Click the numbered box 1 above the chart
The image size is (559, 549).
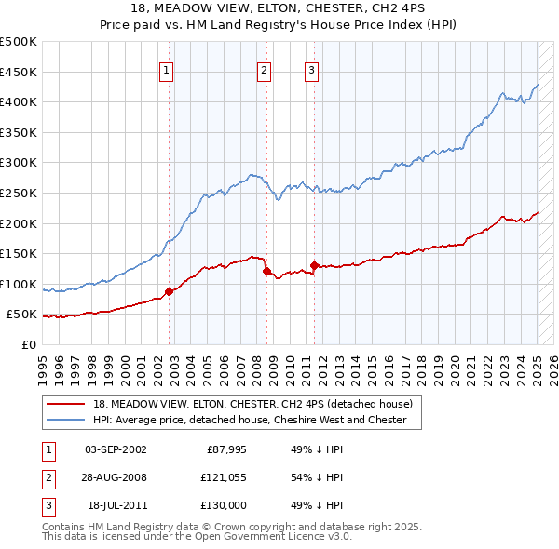click(166, 69)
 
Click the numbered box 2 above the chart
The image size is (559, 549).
click(265, 69)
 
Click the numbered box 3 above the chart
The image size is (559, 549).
click(311, 69)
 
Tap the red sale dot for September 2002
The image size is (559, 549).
click(169, 291)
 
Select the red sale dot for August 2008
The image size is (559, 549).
click(267, 272)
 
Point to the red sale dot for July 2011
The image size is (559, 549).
click(315, 266)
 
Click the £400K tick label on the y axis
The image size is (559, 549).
click(19, 101)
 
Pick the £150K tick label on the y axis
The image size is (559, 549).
click(19, 253)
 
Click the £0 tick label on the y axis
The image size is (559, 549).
click(28, 344)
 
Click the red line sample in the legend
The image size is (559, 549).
click(65, 404)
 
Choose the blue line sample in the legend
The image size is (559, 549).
click(65, 420)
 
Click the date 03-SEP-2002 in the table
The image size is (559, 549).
click(116, 449)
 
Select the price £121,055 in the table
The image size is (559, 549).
click(221, 477)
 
